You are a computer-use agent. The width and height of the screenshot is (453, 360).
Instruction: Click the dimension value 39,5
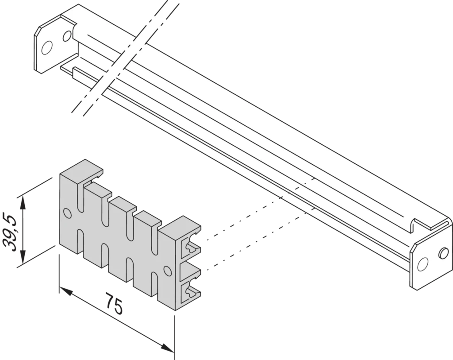[9, 232]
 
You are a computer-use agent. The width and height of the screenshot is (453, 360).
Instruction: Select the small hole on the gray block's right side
[167, 270]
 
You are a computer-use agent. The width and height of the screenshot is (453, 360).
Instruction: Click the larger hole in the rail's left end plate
[46, 48]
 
